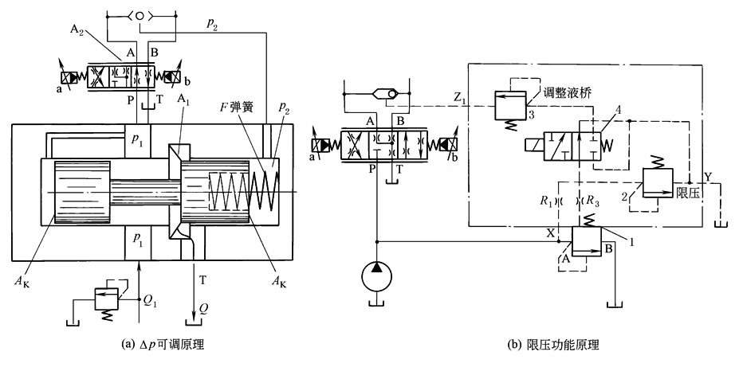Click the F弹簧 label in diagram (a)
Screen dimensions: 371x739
[x=236, y=105]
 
